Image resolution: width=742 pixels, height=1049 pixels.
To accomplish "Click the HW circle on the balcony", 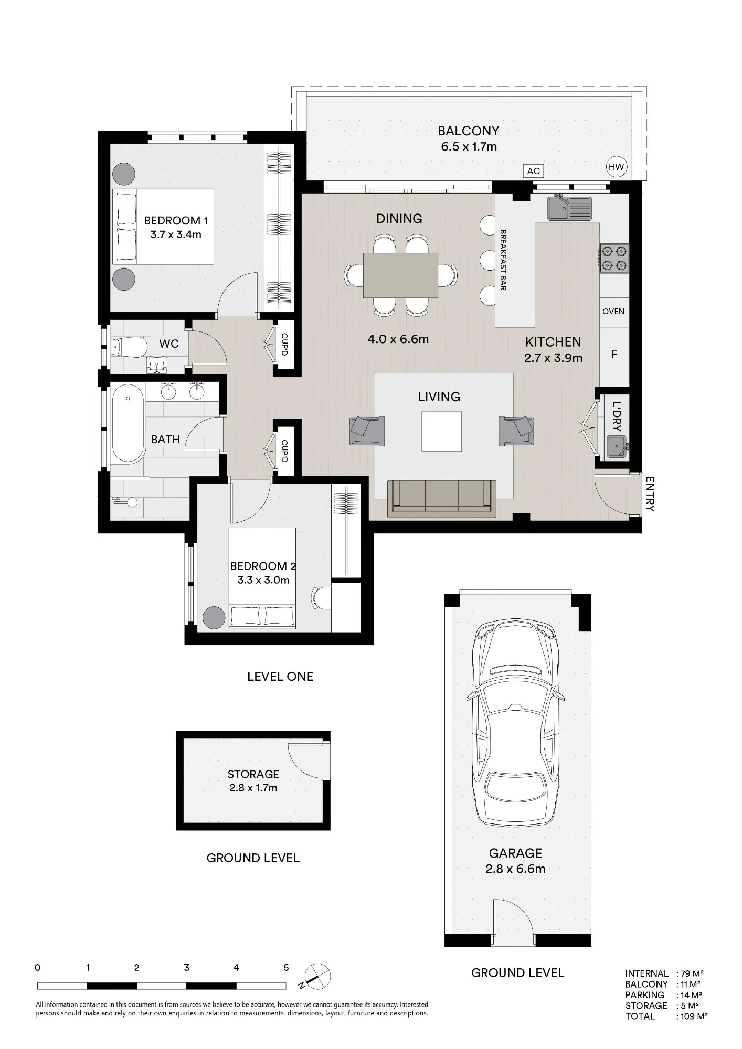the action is pyautogui.click(x=617, y=167).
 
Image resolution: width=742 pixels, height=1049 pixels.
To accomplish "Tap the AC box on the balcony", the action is pyautogui.click(x=533, y=171).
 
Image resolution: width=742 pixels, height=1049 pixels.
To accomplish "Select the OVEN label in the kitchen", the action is pyautogui.click(x=613, y=312).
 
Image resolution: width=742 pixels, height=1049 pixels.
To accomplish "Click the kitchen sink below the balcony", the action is pyautogui.click(x=569, y=208).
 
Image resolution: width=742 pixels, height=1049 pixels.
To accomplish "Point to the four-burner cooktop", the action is pyautogui.click(x=614, y=259).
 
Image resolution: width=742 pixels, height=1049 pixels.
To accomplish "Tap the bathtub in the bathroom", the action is pyautogui.click(x=128, y=424).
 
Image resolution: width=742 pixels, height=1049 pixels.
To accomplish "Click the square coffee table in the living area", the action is pyautogui.click(x=442, y=431).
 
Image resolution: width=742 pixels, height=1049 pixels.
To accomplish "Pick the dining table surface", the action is pyautogui.click(x=400, y=275).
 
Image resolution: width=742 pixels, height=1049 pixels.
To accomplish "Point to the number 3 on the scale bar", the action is pyautogui.click(x=187, y=968).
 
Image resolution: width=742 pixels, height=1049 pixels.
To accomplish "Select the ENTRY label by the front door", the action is pyautogui.click(x=650, y=494).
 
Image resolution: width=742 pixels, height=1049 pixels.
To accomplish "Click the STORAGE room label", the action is pyautogui.click(x=253, y=774).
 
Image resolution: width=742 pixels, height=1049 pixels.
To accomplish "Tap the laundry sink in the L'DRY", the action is pyautogui.click(x=616, y=446).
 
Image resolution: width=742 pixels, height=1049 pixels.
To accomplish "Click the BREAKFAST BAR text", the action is pyautogui.click(x=503, y=260).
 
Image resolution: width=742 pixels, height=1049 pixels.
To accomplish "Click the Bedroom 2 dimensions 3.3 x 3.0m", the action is pyautogui.click(x=263, y=580).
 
